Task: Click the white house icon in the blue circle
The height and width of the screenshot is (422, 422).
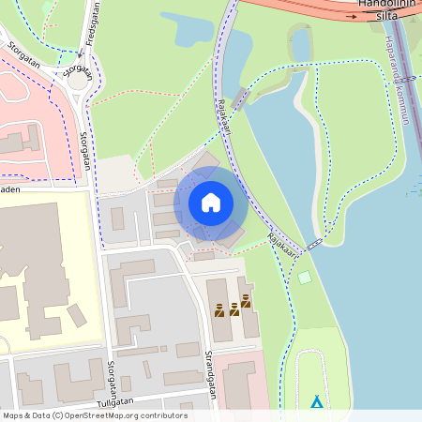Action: coord(210,203)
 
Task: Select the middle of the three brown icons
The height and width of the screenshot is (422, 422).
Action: coord(233,308)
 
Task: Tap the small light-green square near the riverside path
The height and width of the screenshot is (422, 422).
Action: coord(304,277)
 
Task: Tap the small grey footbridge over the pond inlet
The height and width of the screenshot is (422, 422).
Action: coord(241,98)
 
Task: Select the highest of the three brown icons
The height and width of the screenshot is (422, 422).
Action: coord(246,300)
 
